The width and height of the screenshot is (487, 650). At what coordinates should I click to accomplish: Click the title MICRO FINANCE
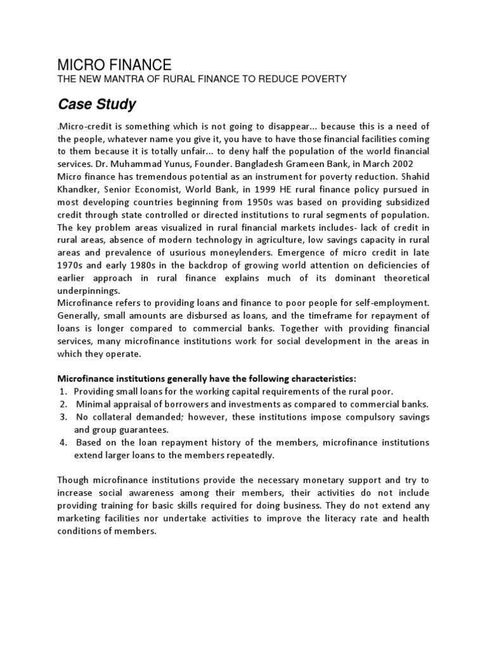coord(114,64)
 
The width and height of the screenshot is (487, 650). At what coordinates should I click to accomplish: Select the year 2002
coord(400,163)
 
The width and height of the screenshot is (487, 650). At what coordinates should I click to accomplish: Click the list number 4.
coord(63,442)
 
